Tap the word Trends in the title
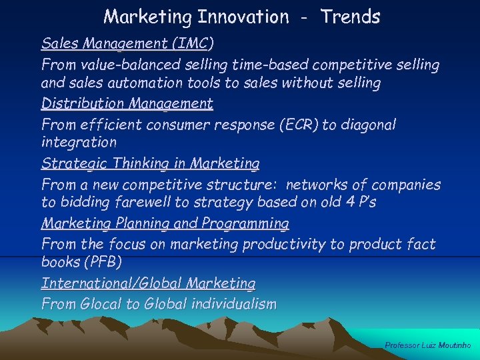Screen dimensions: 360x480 350,17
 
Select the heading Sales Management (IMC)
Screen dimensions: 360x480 127,44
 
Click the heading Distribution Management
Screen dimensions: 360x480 127,103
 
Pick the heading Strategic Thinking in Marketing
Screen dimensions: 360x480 151,163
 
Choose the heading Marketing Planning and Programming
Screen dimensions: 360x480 165,223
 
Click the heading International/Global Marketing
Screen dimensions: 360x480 149,283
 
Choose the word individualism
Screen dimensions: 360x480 233,304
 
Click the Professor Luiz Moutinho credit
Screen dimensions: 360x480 428,345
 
